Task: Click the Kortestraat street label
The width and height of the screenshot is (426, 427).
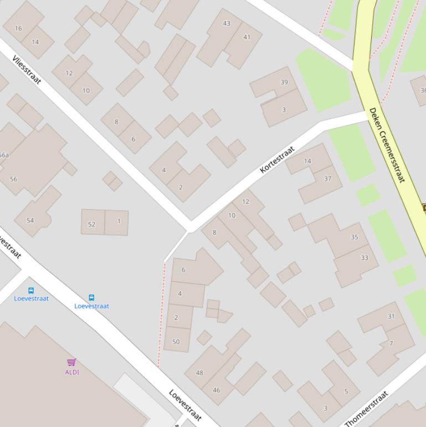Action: pyautogui.click(x=277, y=160)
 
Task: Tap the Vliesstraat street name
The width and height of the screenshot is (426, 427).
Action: pyautogui.click(x=27, y=69)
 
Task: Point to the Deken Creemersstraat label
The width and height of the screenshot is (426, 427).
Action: pyautogui.click(x=387, y=145)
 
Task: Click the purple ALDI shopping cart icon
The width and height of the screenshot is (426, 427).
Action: pyautogui.click(x=71, y=362)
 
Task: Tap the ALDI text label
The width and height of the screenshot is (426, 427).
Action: pyautogui.click(x=72, y=372)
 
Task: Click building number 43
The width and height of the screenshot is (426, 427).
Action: pyautogui.click(x=227, y=23)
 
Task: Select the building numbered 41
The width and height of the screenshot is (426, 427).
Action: pyautogui.click(x=247, y=37)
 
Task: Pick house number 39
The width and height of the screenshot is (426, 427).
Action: pyautogui.click(x=284, y=82)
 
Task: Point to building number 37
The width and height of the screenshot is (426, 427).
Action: pyautogui.click(x=327, y=179)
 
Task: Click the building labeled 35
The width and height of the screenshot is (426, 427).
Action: pyautogui.click(x=354, y=237)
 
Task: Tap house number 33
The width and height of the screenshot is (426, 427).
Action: pyautogui.click(x=364, y=258)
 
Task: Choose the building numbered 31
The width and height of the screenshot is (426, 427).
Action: pyautogui.click(x=391, y=317)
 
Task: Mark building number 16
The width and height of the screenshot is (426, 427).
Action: pyautogui.click(x=18, y=28)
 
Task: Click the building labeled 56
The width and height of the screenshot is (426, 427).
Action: pyautogui.click(x=13, y=179)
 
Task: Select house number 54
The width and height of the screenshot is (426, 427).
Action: pyautogui.click(x=30, y=220)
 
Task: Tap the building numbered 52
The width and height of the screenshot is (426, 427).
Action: pyautogui.click(x=91, y=225)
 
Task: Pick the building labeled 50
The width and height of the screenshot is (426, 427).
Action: pyautogui.click(x=176, y=342)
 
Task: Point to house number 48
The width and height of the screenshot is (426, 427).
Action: pyautogui.click(x=199, y=373)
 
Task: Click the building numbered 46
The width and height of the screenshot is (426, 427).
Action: pyautogui.click(x=216, y=390)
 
